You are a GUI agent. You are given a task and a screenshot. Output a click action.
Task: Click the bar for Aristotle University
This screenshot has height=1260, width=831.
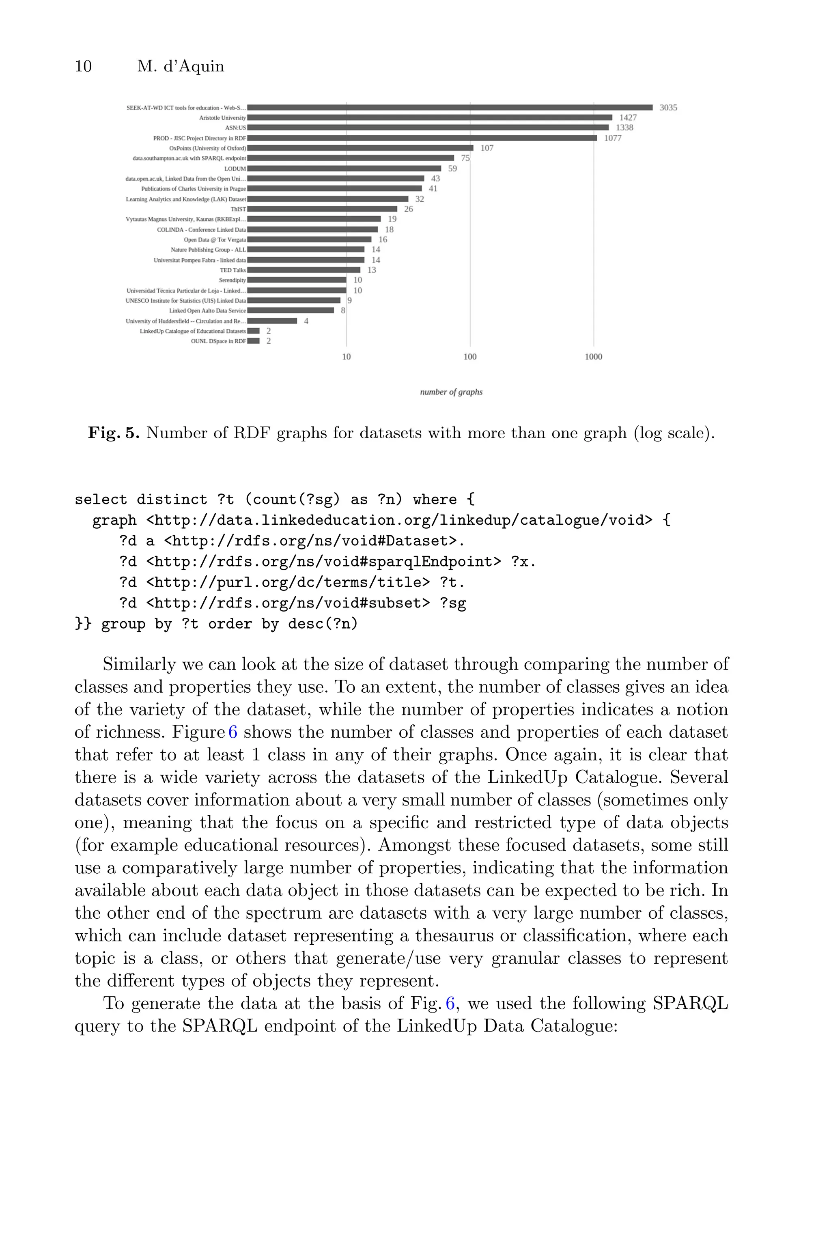pos(429,118)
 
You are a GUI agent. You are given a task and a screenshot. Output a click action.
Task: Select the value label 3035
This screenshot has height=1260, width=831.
pos(668,108)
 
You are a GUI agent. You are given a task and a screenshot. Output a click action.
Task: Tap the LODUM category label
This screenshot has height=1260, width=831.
pos(235,168)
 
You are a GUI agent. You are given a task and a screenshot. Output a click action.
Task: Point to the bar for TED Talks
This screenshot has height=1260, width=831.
pos(304,270)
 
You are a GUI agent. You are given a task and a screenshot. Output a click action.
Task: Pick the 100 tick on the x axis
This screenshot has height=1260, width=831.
pos(469,357)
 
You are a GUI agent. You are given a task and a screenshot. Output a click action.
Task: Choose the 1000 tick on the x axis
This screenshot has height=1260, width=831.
pos(593,357)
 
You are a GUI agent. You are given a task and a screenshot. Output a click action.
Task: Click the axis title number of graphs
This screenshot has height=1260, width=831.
pos(451,392)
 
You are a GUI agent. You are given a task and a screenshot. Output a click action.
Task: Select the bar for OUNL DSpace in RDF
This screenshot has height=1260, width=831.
pos(253,341)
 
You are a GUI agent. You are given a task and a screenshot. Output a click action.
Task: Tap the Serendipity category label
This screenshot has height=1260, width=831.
pos(232,280)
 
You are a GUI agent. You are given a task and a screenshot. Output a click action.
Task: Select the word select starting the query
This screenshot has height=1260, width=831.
pos(101,500)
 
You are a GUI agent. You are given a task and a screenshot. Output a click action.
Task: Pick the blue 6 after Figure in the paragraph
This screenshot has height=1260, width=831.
pos(233,732)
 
